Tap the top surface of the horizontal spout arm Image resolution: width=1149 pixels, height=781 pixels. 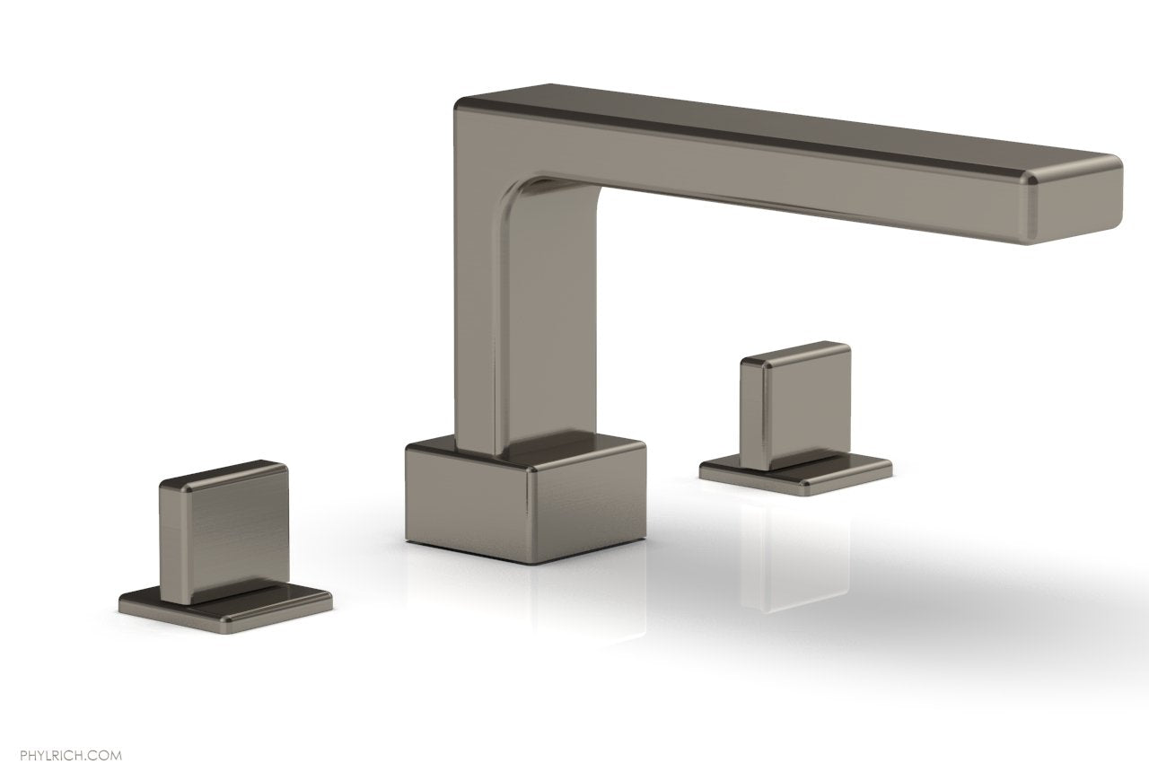pyautogui.click(x=763, y=121)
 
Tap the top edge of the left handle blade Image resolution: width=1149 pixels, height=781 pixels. pyautogui.click(x=224, y=472)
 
